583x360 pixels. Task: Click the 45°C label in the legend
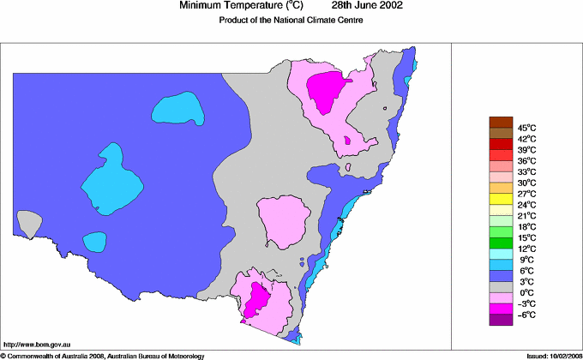point(527,127)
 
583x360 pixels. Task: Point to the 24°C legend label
point(527,205)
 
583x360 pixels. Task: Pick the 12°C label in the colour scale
point(527,249)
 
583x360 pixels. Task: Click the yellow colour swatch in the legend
point(501,198)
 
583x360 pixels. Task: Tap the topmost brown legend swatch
point(501,122)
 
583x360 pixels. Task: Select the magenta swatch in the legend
point(501,308)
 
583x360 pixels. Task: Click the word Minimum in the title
point(201,6)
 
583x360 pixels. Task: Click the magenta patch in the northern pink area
point(328,90)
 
